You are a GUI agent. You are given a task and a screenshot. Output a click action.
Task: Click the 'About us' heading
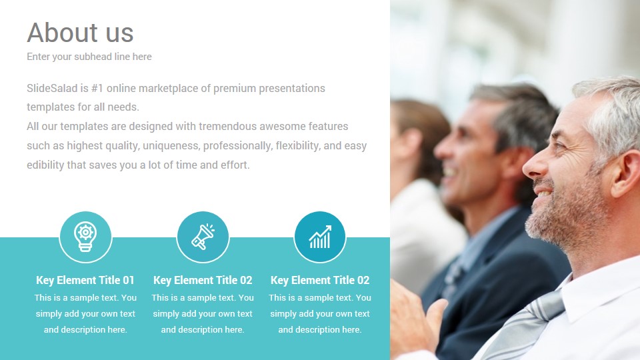pos(80,33)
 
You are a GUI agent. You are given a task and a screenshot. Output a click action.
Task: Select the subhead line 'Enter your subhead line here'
pos(89,57)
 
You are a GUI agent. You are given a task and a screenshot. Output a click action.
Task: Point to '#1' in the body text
pos(97,88)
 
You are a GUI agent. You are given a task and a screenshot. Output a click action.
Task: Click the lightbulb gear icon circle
pos(85,237)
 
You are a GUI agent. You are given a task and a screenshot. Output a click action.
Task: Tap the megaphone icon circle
pos(203,237)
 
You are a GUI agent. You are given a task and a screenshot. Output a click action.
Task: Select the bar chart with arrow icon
pos(320,237)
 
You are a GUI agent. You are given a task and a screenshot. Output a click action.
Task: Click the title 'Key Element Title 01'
pos(85,280)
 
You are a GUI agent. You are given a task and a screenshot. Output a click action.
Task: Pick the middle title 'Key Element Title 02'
pos(203,280)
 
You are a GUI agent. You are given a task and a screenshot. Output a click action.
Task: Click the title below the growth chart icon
pos(320,280)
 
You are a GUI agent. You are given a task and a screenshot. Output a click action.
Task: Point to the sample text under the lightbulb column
pos(85,313)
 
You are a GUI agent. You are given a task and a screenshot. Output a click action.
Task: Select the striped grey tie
pos(527,323)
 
